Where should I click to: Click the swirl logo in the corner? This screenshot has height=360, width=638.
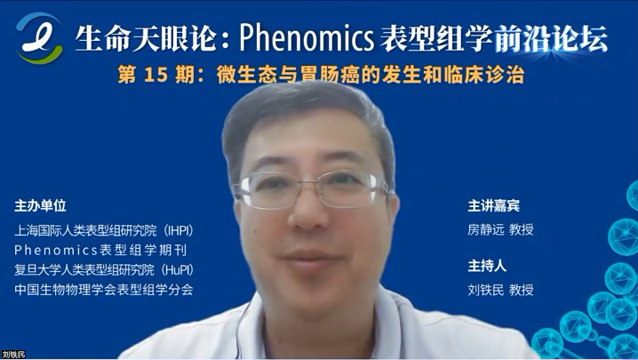pyautogui.click(x=40, y=38)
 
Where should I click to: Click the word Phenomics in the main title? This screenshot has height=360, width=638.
pyautogui.click(x=307, y=38)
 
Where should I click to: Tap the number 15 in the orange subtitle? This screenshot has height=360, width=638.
pyautogui.click(x=156, y=75)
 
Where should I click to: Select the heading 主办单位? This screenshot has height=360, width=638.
pyautogui.click(x=40, y=205)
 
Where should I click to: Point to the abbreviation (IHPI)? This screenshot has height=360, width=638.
pyautogui.click(x=179, y=230)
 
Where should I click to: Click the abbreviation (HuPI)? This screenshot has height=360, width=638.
pyautogui.click(x=178, y=269)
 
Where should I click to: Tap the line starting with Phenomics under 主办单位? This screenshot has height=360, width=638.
pyautogui.click(x=100, y=250)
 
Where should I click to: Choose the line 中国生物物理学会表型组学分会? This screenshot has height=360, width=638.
pyautogui.click(x=104, y=290)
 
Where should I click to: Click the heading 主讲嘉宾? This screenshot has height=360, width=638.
pyautogui.click(x=493, y=205)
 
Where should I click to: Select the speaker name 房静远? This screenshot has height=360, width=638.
pyautogui.click(x=486, y=229)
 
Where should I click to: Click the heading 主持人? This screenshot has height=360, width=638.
pyautogui.click(x=487, y=266)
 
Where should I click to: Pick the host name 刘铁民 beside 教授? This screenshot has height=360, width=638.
pyautogui.click(x=486, y=290)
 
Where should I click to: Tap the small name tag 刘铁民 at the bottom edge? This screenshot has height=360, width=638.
pyautogui.click(x=13, y=355)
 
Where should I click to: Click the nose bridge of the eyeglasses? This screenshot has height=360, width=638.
pyautogui.click(x=311, y=185)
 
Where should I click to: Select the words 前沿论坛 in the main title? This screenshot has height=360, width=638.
pyautogui.click(x=551, y=39)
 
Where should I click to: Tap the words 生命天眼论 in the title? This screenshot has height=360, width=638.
pyautogui.click(x=145, y=39)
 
